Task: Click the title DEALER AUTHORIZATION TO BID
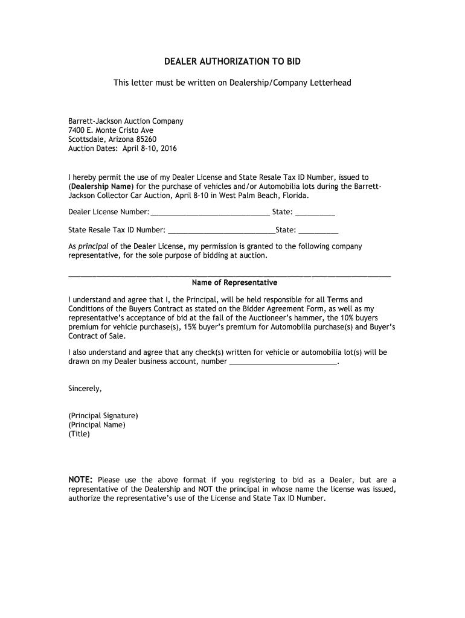(x=232, y=62)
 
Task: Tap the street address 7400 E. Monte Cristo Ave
(x=111, y=130)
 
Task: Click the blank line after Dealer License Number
(x=210, y=212)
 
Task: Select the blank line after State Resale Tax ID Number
(x=221, y=230)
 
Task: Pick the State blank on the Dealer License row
(x=315, y=212)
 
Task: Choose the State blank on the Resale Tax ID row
(x=318, y=230)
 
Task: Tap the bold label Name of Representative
(x=234, y=282)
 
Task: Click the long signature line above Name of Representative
(x=229, y=275)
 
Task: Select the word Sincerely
(x=85, y=389)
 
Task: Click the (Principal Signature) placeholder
(x=103, y=416)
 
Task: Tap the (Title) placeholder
(x=79, y=433)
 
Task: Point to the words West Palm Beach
(x=251, y=196)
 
